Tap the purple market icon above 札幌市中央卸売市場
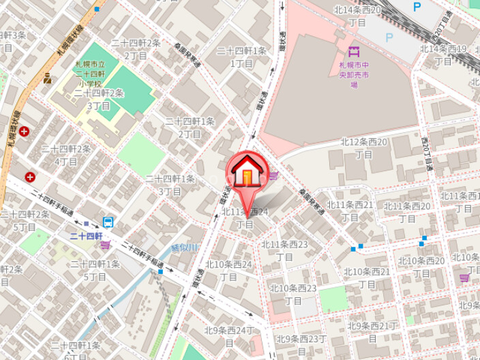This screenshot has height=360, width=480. [353, 51]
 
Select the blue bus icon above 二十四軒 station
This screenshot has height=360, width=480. [108, 222]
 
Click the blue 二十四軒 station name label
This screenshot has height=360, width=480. [86, 236]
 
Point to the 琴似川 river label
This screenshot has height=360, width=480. [184, 247]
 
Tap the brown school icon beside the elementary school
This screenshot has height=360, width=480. [47, 78]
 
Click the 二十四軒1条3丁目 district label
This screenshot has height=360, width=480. [170, 185]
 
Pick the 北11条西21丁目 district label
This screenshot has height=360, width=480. [350, 211]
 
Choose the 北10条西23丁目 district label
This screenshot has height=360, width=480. [292, 294]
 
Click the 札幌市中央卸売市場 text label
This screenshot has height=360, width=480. [354, 74]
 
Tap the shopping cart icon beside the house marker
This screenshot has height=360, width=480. [273, 177]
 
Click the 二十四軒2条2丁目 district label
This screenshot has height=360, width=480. [136, 49]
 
